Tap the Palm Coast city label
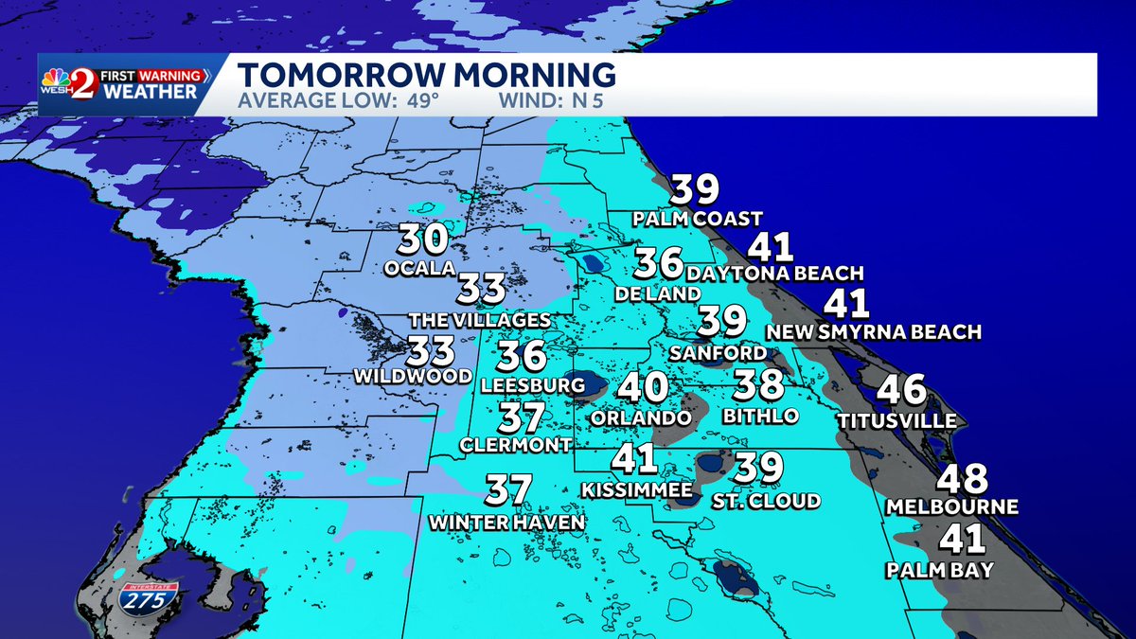[698, 220]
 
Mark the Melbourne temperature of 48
[961, 479]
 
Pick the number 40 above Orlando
[643, 388]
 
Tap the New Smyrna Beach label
[873, 332]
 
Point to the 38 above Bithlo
[758, 385]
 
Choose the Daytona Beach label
[775, 274]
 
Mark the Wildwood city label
[413, 376]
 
